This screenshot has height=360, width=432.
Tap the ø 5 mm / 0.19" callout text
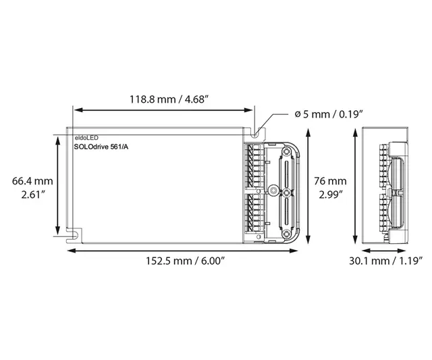tap(329, 113)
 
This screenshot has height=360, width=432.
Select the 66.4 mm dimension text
tap(32, 181)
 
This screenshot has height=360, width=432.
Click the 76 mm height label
tap(330, 181)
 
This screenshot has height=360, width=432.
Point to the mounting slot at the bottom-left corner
tap(74, 233)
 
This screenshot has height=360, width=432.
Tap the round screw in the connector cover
tap(274, 190)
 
